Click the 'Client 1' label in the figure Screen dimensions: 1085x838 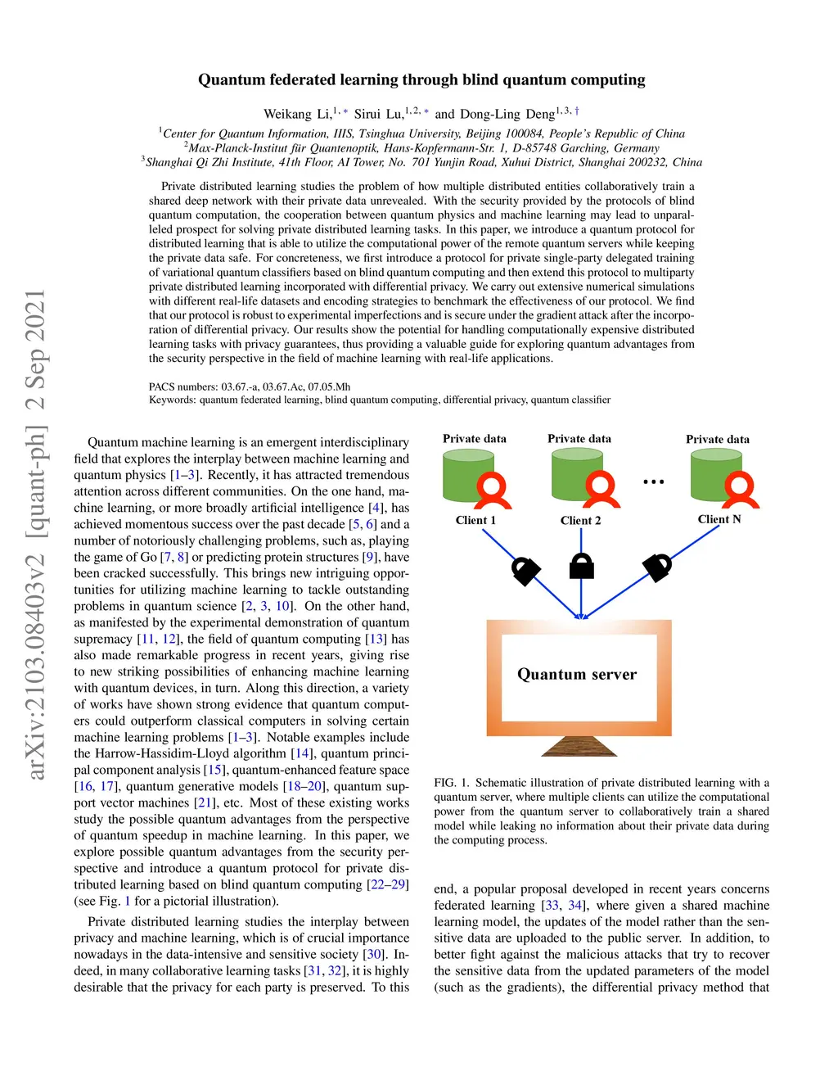tap(475, 520)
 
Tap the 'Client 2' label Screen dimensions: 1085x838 tap(580, 521)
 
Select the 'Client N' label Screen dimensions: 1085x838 tap(719, 519)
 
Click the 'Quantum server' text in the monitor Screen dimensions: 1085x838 tap(577, 674)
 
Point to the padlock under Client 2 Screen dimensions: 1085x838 tap(581, 566)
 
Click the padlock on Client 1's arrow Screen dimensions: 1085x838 tap(525, 570)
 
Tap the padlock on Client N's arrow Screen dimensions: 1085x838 tap(657, 566)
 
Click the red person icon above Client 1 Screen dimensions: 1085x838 tap(493, 490)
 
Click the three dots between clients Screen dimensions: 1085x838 tap(654, 481)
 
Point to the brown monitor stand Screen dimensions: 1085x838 tap(579, 746)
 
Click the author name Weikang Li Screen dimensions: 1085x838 tap(297, 114)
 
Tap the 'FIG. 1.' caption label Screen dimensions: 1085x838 tap(451, 783)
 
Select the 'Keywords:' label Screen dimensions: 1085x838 tap(173, 400)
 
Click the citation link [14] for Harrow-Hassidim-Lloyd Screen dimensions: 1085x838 tap(302, 753)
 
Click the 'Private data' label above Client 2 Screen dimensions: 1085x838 tap(579, 439)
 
